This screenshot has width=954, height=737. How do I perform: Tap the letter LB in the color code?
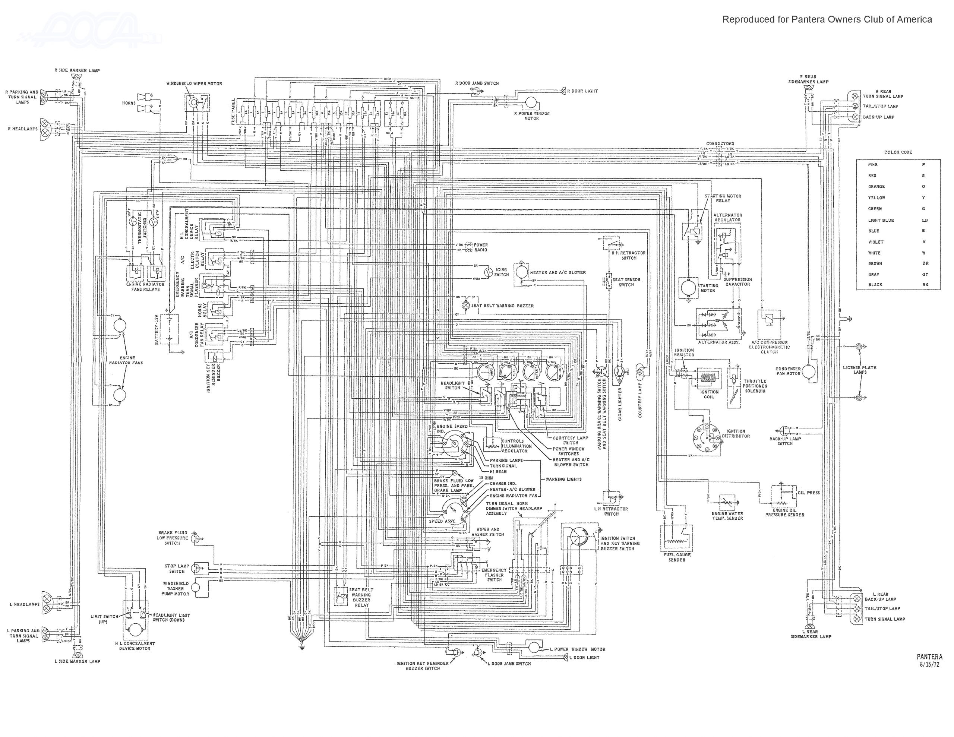[925, 220]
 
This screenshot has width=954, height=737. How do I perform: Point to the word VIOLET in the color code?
[876, 241]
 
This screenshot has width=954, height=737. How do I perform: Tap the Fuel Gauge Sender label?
[677, 557]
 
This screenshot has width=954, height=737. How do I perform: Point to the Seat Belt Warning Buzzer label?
[502, 306]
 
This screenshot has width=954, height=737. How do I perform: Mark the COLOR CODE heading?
[898, 152]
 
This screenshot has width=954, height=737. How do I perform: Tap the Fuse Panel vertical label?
[233, 111]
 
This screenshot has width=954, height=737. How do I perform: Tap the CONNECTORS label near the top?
[720, 143]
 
